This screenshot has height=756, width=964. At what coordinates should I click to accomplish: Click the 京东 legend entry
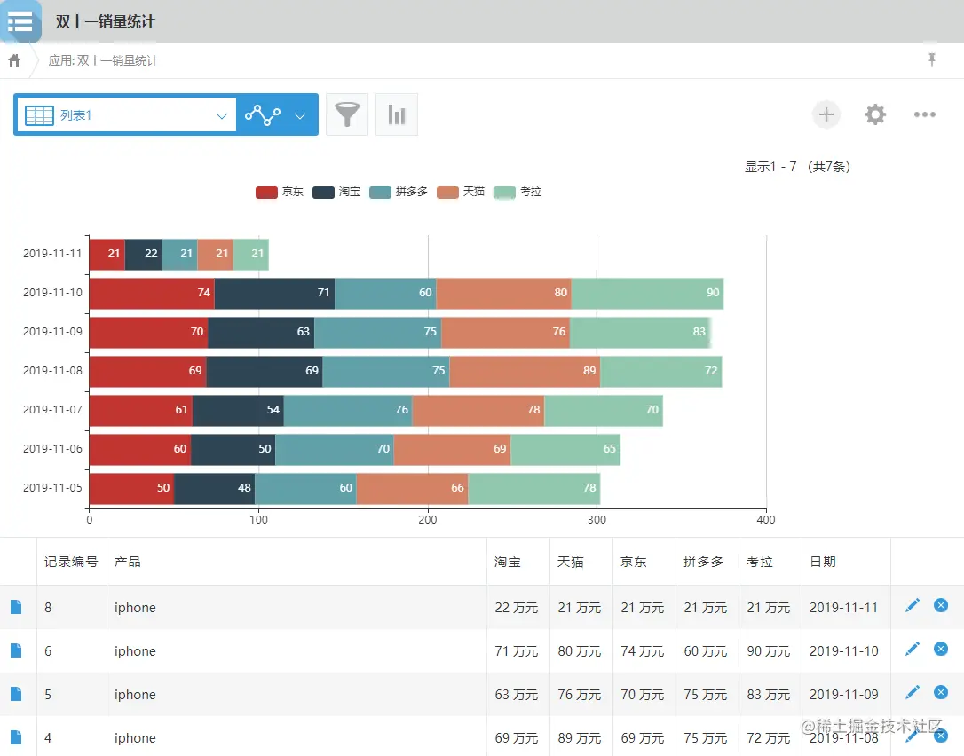pos(280,192)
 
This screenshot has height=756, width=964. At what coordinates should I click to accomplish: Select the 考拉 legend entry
pos(518,192)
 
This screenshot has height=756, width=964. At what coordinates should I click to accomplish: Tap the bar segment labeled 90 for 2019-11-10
pos(647,293)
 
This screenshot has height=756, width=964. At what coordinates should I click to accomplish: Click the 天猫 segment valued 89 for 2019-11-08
pos(525,371)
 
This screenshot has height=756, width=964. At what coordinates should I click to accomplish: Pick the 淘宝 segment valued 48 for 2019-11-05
pos(214,488)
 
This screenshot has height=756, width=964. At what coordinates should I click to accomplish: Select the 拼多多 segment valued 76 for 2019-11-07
pos(347,410)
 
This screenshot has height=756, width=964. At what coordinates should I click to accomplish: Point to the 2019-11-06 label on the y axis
pos(52,449)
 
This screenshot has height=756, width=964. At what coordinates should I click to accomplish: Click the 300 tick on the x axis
pos(597,520)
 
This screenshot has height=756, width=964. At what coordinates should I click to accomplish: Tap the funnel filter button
pos(347,114)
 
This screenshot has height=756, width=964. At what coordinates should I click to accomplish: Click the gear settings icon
pos(875,114)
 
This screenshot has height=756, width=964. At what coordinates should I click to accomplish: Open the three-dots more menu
pos(925,114)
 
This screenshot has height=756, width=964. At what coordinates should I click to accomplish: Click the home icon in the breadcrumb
pos(14,60)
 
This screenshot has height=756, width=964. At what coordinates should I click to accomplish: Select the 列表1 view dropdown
pos(125,115)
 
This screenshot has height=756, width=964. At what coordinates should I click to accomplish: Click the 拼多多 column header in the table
pos(704,562)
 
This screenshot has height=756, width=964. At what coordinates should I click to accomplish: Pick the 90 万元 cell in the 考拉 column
pos(769,651)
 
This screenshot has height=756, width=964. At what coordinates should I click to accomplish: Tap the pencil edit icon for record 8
pos(913,605)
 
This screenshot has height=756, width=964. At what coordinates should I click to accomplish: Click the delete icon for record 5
pos(941,692)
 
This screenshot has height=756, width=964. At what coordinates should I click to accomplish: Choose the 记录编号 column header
pos(71,562)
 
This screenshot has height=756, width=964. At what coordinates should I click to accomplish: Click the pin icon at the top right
pos(932,59)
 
